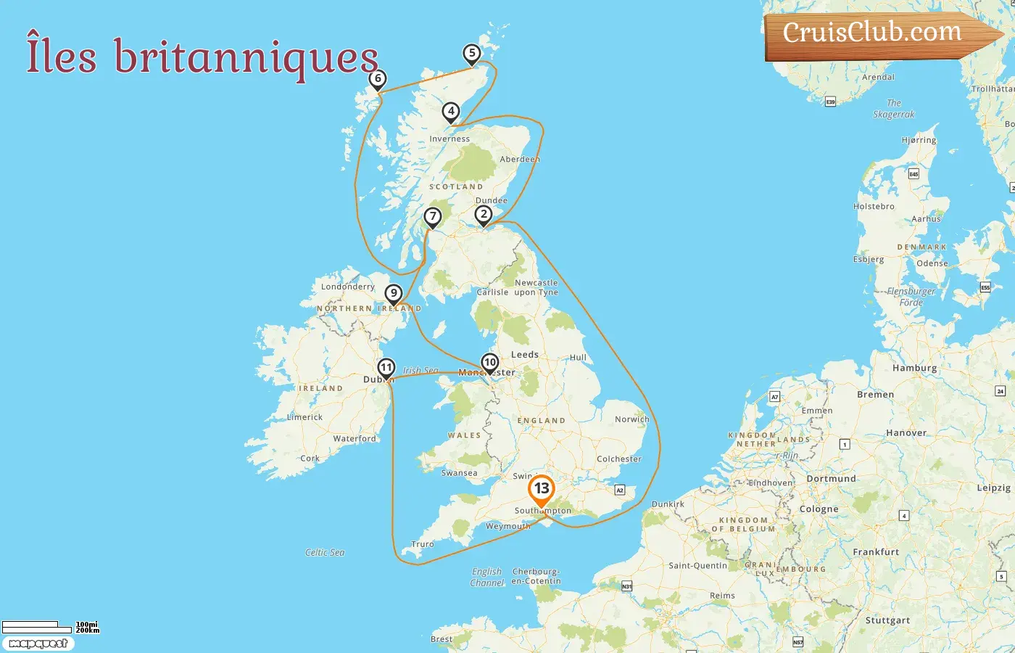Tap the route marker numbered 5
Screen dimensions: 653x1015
(472, 54)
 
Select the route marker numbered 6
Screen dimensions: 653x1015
(377, 79)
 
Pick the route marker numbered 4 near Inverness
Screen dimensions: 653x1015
(451, 112)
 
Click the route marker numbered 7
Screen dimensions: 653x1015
(432, 217)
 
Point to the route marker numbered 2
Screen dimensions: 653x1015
(483, 215)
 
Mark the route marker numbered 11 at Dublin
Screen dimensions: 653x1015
(386, 368)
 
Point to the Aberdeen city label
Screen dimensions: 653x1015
(520, 159)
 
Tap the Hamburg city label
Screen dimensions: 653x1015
(914, 368)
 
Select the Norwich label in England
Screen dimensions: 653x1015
(631, 419)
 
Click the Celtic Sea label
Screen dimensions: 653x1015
(325, 552)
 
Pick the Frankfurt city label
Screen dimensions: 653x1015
(876, 551)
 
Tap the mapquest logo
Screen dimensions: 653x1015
(38, 644)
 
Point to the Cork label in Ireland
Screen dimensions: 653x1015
(310, 459)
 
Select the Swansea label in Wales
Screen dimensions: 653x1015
(459, 473)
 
